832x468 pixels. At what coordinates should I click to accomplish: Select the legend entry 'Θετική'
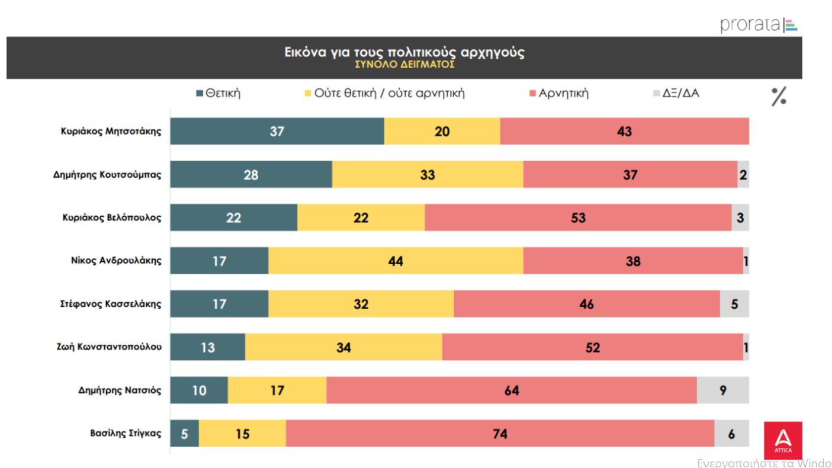tap(219, 94)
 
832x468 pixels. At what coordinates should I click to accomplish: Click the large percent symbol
tap(779, 97)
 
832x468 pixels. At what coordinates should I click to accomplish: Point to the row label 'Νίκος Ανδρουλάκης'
tap(116, 261)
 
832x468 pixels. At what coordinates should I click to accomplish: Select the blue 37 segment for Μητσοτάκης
tap(277, 132)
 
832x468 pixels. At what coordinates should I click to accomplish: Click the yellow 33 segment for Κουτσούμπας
tap(428, 175)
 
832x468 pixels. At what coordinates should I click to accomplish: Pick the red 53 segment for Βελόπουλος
tap(578, 218)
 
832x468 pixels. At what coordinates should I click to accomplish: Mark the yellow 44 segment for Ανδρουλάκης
tap(396, 261)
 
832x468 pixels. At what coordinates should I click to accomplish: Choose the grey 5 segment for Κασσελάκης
tap(734, 304)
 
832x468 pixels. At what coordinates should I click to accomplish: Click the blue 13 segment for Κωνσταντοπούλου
tap(208, 348)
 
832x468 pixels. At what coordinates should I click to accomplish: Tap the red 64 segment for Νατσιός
tap(512, 391)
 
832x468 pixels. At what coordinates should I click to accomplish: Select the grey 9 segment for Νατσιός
tap(723, 391)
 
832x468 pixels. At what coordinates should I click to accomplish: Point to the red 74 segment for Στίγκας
tap(500, 434)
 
